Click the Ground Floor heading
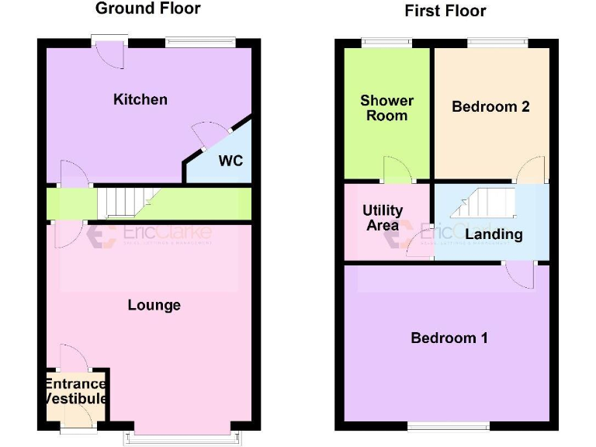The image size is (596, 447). [x=147, y=9]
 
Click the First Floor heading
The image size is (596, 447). [x=445, y=11]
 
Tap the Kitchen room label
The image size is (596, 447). [x=140, y=99]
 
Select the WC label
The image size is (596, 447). [x=230, y=161]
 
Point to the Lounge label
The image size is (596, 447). [x=154, y=305]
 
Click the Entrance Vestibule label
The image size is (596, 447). [x=75, y=391]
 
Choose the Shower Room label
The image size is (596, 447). [x=386, y=108]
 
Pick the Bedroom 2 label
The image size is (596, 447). [x=490, y=106]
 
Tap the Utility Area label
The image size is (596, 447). [x=383, y=218]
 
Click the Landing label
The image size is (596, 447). [x=494, y=234]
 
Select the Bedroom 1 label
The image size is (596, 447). [x=449, y=338]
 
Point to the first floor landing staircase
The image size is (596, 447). [x=483, y=204]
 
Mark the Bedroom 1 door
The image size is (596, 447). [x=519, y=273]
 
